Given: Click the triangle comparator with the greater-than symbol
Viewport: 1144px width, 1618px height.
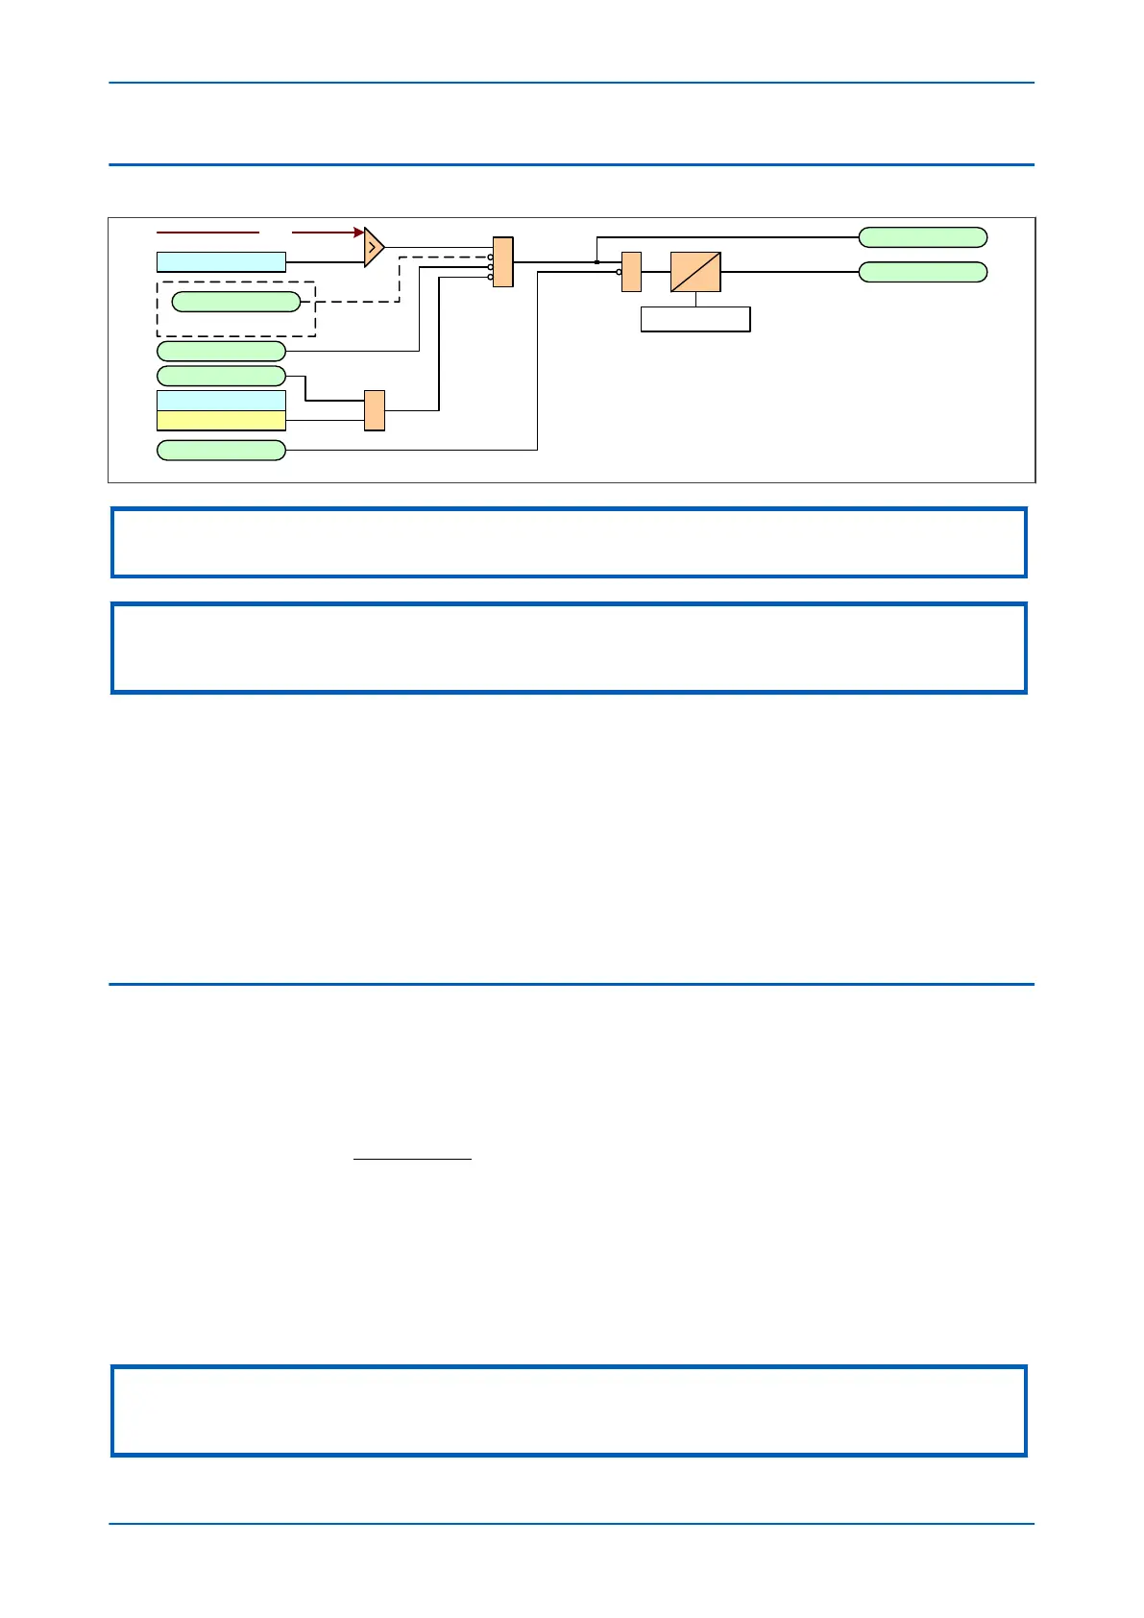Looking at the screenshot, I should point(374,248).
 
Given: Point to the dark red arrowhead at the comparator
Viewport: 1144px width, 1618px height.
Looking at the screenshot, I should point(358,232).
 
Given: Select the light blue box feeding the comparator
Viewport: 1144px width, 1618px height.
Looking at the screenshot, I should point(221,261).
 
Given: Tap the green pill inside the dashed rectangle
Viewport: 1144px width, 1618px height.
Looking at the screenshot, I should point(236,302).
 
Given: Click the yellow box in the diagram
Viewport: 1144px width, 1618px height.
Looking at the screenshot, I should point(221,421).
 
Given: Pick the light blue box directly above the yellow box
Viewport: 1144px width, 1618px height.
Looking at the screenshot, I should point(221,401).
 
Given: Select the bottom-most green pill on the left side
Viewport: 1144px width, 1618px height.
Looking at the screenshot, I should point(221,450).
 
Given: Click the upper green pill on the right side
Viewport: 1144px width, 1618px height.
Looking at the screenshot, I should point(922,237).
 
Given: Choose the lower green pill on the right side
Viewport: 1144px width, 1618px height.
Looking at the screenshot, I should point(922,272).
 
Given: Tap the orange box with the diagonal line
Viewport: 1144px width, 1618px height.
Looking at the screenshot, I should point(695,272).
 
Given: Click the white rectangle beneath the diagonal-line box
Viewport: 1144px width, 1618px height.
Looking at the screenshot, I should point(695,319).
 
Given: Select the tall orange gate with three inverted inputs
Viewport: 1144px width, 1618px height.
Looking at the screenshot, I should point(503,261).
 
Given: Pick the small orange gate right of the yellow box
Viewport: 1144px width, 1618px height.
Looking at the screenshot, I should point(375,410).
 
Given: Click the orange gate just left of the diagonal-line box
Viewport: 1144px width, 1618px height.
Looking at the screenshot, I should point(631,271).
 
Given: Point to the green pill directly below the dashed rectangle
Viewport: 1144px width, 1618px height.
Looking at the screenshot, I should point(221,351).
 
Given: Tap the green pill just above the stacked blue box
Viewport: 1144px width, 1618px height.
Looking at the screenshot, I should point(221,376).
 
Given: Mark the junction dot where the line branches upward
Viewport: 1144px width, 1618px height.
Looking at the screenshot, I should point(597,261).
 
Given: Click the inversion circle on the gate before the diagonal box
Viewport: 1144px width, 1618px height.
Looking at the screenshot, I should point(620,272).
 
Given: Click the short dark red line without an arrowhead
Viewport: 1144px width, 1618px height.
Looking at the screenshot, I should point(207,232).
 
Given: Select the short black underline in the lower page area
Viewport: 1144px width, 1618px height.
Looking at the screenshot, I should point(413,1160).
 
